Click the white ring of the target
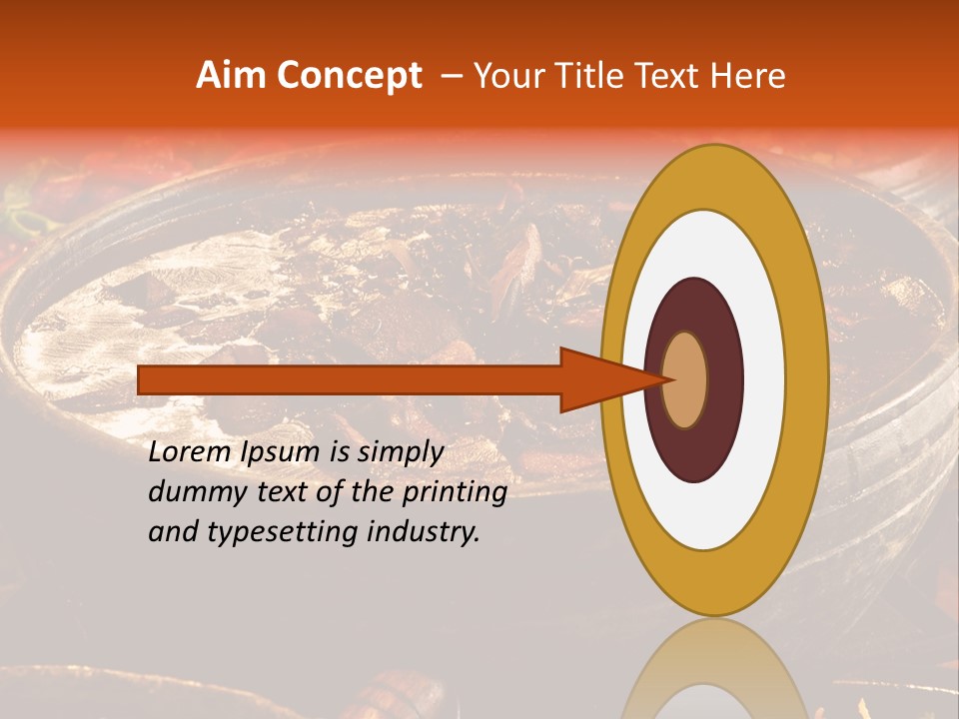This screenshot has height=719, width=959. point(764,380)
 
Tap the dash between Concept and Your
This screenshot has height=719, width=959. point(451,76)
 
